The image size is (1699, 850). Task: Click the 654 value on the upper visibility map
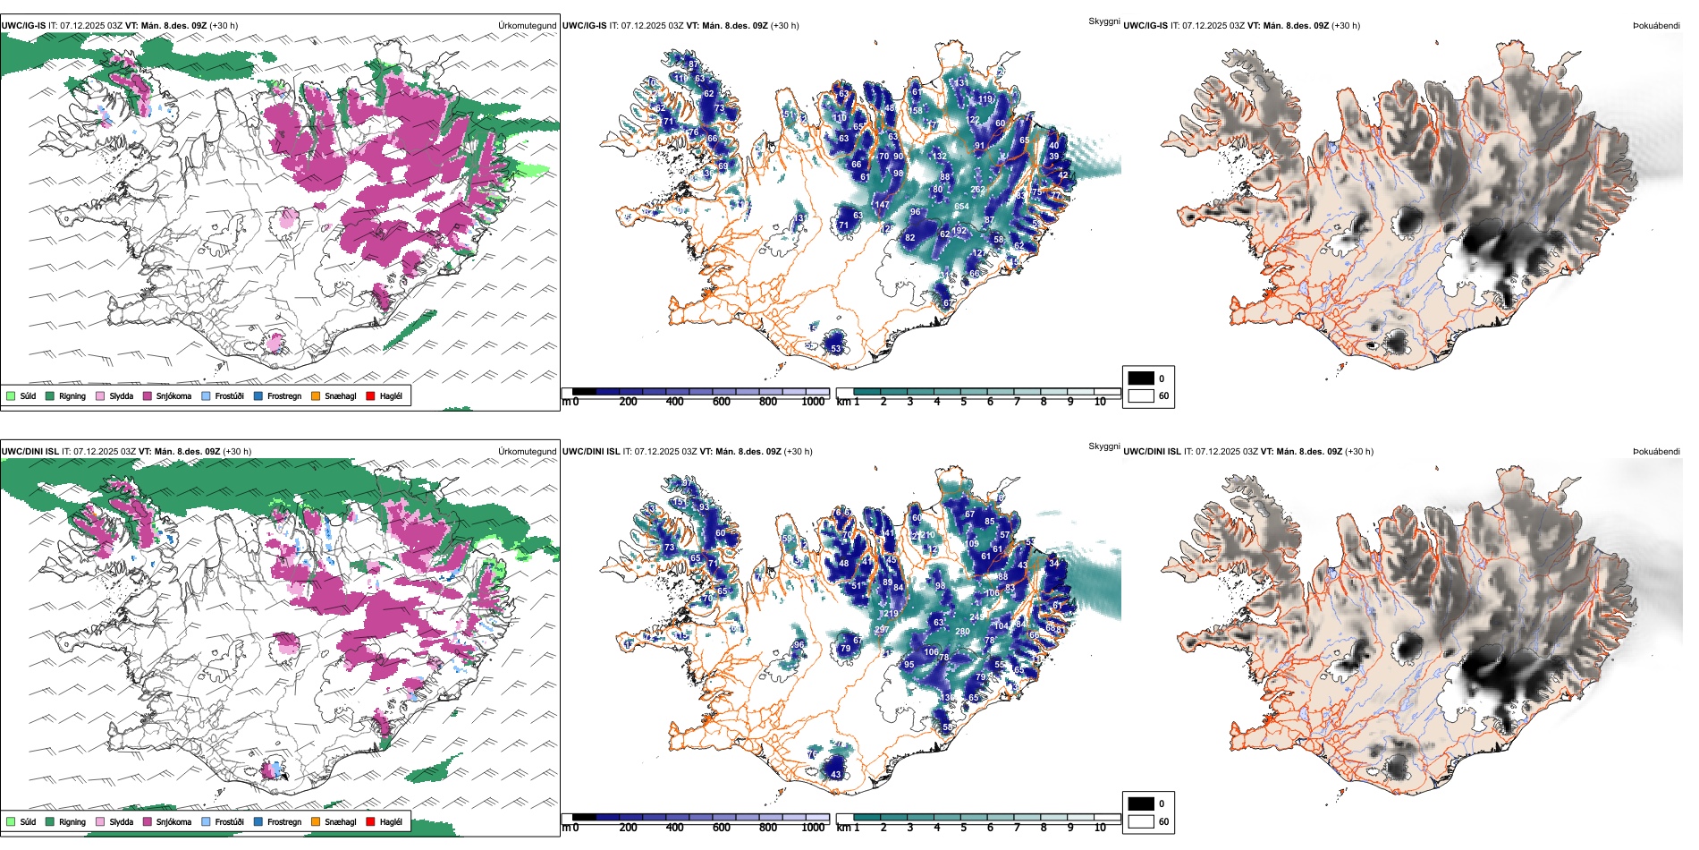961,207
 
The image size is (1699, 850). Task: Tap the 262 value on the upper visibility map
977,190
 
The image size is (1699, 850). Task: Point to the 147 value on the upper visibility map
882,205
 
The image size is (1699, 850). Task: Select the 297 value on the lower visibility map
882,630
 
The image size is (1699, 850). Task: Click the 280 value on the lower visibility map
962,632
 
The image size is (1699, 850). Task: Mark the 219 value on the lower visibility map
891,614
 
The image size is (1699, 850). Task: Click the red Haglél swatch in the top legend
370,395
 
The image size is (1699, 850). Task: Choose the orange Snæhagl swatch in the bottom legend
316,821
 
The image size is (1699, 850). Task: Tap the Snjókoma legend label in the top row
173,395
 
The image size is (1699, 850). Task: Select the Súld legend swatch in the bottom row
11,821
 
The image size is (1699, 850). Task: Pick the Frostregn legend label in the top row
284,395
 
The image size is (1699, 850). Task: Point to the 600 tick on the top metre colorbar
722,402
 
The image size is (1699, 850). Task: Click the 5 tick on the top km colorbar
963,402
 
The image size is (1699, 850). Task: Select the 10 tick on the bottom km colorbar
1100,828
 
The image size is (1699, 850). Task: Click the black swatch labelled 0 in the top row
1141,378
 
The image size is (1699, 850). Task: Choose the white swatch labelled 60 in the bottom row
1141,821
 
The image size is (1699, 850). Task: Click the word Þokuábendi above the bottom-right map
1656,452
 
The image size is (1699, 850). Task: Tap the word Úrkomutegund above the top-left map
527,26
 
